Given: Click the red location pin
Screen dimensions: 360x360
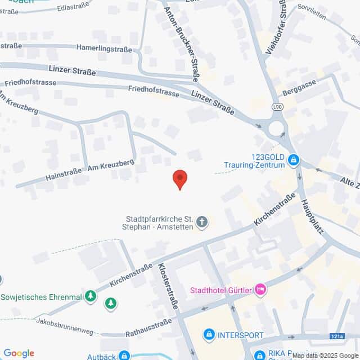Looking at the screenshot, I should tap(179, 179).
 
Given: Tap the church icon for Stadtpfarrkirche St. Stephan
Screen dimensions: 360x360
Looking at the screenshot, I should tap(202, 223).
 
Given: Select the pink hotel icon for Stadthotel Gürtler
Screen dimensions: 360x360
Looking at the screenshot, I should tap(260, 290).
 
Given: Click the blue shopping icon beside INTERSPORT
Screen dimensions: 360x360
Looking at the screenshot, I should tap(209, 335).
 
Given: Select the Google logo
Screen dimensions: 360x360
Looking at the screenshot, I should tap(19, 353).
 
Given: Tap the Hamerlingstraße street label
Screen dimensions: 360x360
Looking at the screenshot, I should tap(105, 49).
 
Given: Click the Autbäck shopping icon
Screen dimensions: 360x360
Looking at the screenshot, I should tap(124, 355).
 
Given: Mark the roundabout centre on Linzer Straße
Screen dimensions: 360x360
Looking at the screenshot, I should tap(276, 128).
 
